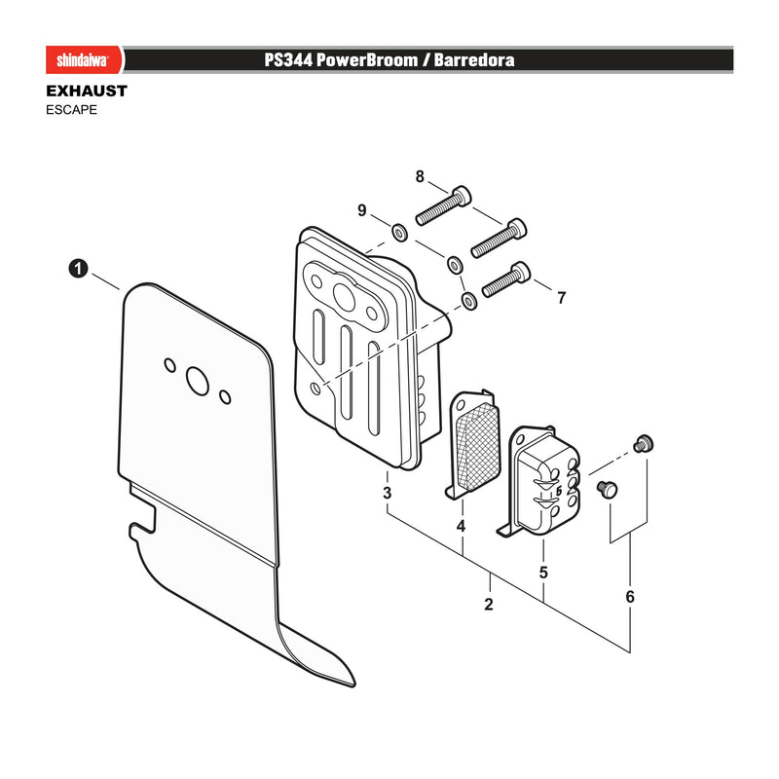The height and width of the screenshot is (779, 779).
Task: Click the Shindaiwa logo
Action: click(83, 60)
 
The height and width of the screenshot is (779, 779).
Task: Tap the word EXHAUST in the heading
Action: click(87, 91)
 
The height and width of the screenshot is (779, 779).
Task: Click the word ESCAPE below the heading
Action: click(71, 110)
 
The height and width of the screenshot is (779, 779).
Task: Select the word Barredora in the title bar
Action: click(474, 60)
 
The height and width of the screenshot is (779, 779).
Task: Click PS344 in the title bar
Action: click(288, 60)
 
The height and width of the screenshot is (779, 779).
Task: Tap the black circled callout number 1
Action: click(78, 269)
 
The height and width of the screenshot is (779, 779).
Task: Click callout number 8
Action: click(420, 176)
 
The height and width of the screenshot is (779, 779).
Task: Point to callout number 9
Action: click(361, 210)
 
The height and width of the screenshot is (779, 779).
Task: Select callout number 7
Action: click(562, 298)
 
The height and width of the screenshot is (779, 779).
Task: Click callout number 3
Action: click(387, 493)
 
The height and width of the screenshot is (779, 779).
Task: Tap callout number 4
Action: click(461, 526)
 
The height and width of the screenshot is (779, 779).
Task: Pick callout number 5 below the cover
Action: click(543, 573)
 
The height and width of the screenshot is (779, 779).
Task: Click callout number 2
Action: click(489, 604)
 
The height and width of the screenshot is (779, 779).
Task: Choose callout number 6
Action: click(630, 596)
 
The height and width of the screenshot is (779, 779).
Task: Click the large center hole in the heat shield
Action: click(198, 381)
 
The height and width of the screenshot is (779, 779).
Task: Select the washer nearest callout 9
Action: click(399, 232)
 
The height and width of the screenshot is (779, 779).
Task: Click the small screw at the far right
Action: click(644, 444)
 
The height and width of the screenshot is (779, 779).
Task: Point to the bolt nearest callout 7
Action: click(506, 279)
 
